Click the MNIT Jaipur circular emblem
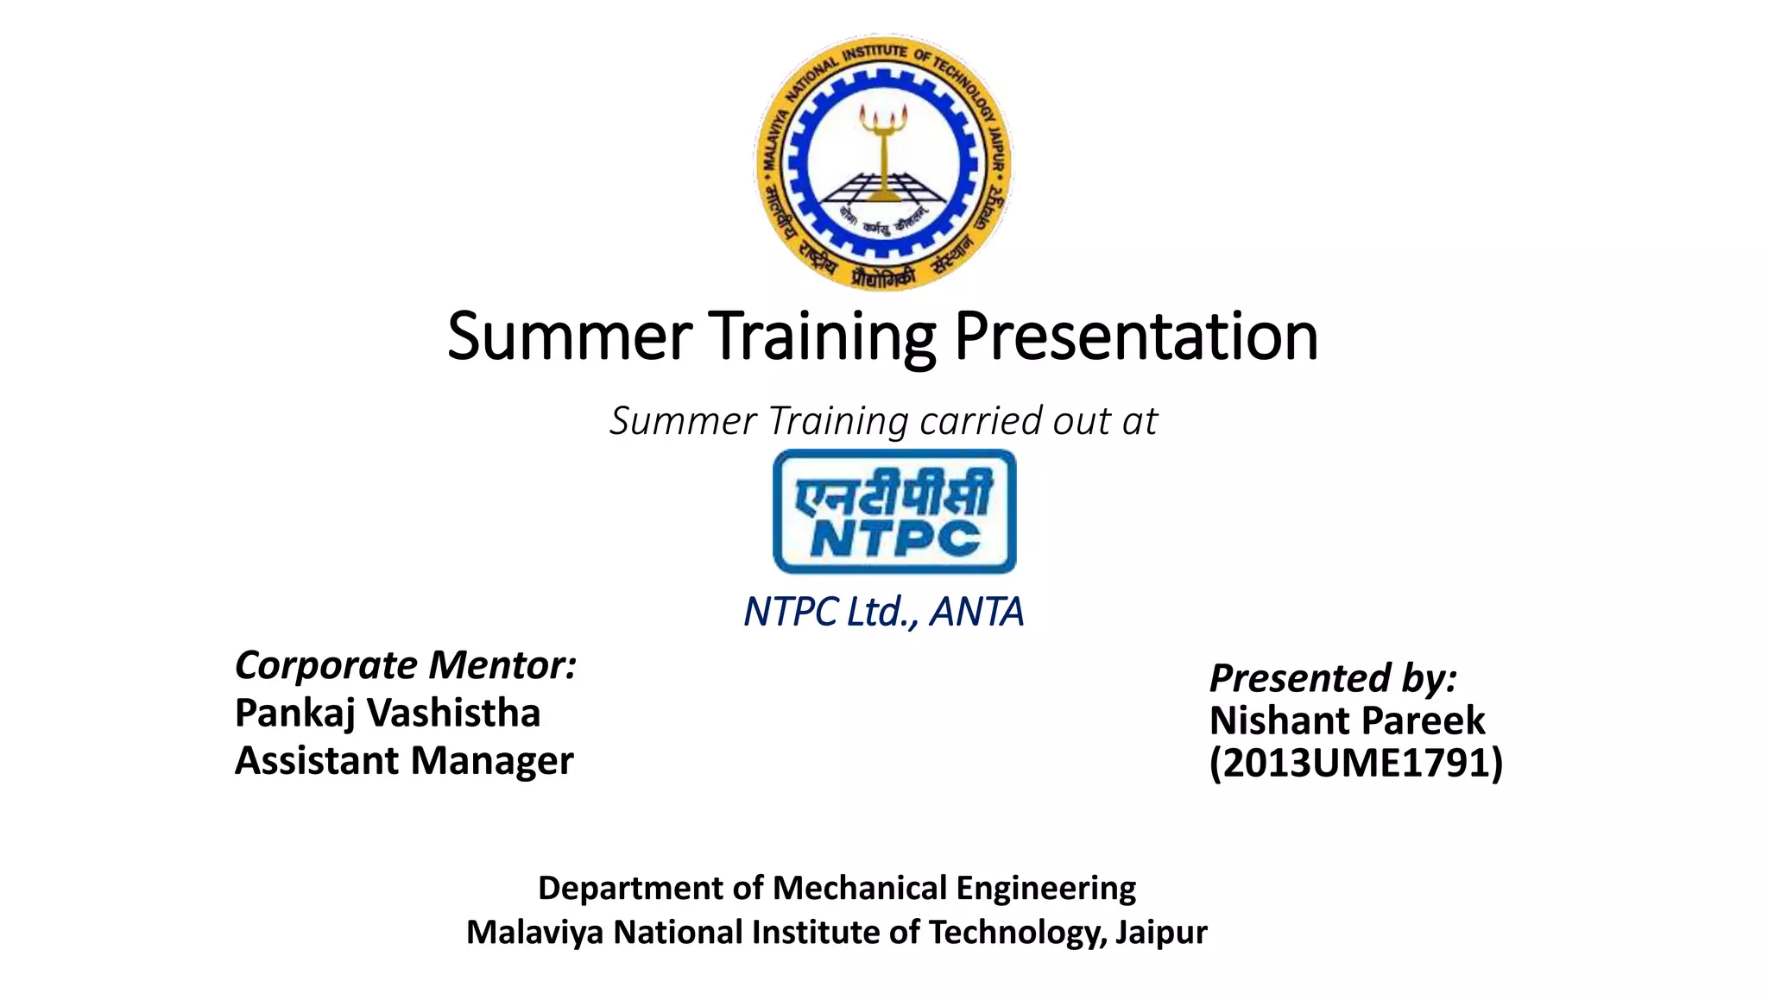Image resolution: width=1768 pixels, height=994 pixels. pyautogui.click(x=883, y=162)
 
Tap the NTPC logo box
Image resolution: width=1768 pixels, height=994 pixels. pyautogui.click(x=894, y=512)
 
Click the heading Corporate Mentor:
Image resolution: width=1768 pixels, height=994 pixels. pyautogui.click(x=406, y=665)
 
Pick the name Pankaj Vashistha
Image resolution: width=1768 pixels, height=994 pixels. pyautogui.click(x=388, y=713)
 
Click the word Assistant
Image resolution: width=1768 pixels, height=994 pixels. pyautogui.click(x=317, y=761)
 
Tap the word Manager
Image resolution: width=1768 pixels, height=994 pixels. pyautogui.click(x=492, y=761)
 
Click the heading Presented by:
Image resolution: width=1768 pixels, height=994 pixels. pyautogui.click(x=1333, y=677)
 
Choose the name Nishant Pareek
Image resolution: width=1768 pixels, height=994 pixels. pyautogui.click(x=1347, y=720)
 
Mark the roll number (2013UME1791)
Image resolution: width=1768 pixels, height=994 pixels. pyautogui.click(x=1356, y=763)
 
